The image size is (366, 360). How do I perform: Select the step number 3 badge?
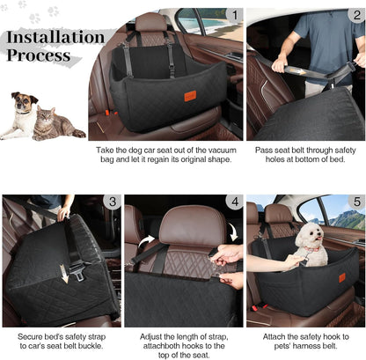112,202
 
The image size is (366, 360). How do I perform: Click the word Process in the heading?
39,56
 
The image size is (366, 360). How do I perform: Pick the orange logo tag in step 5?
342,278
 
